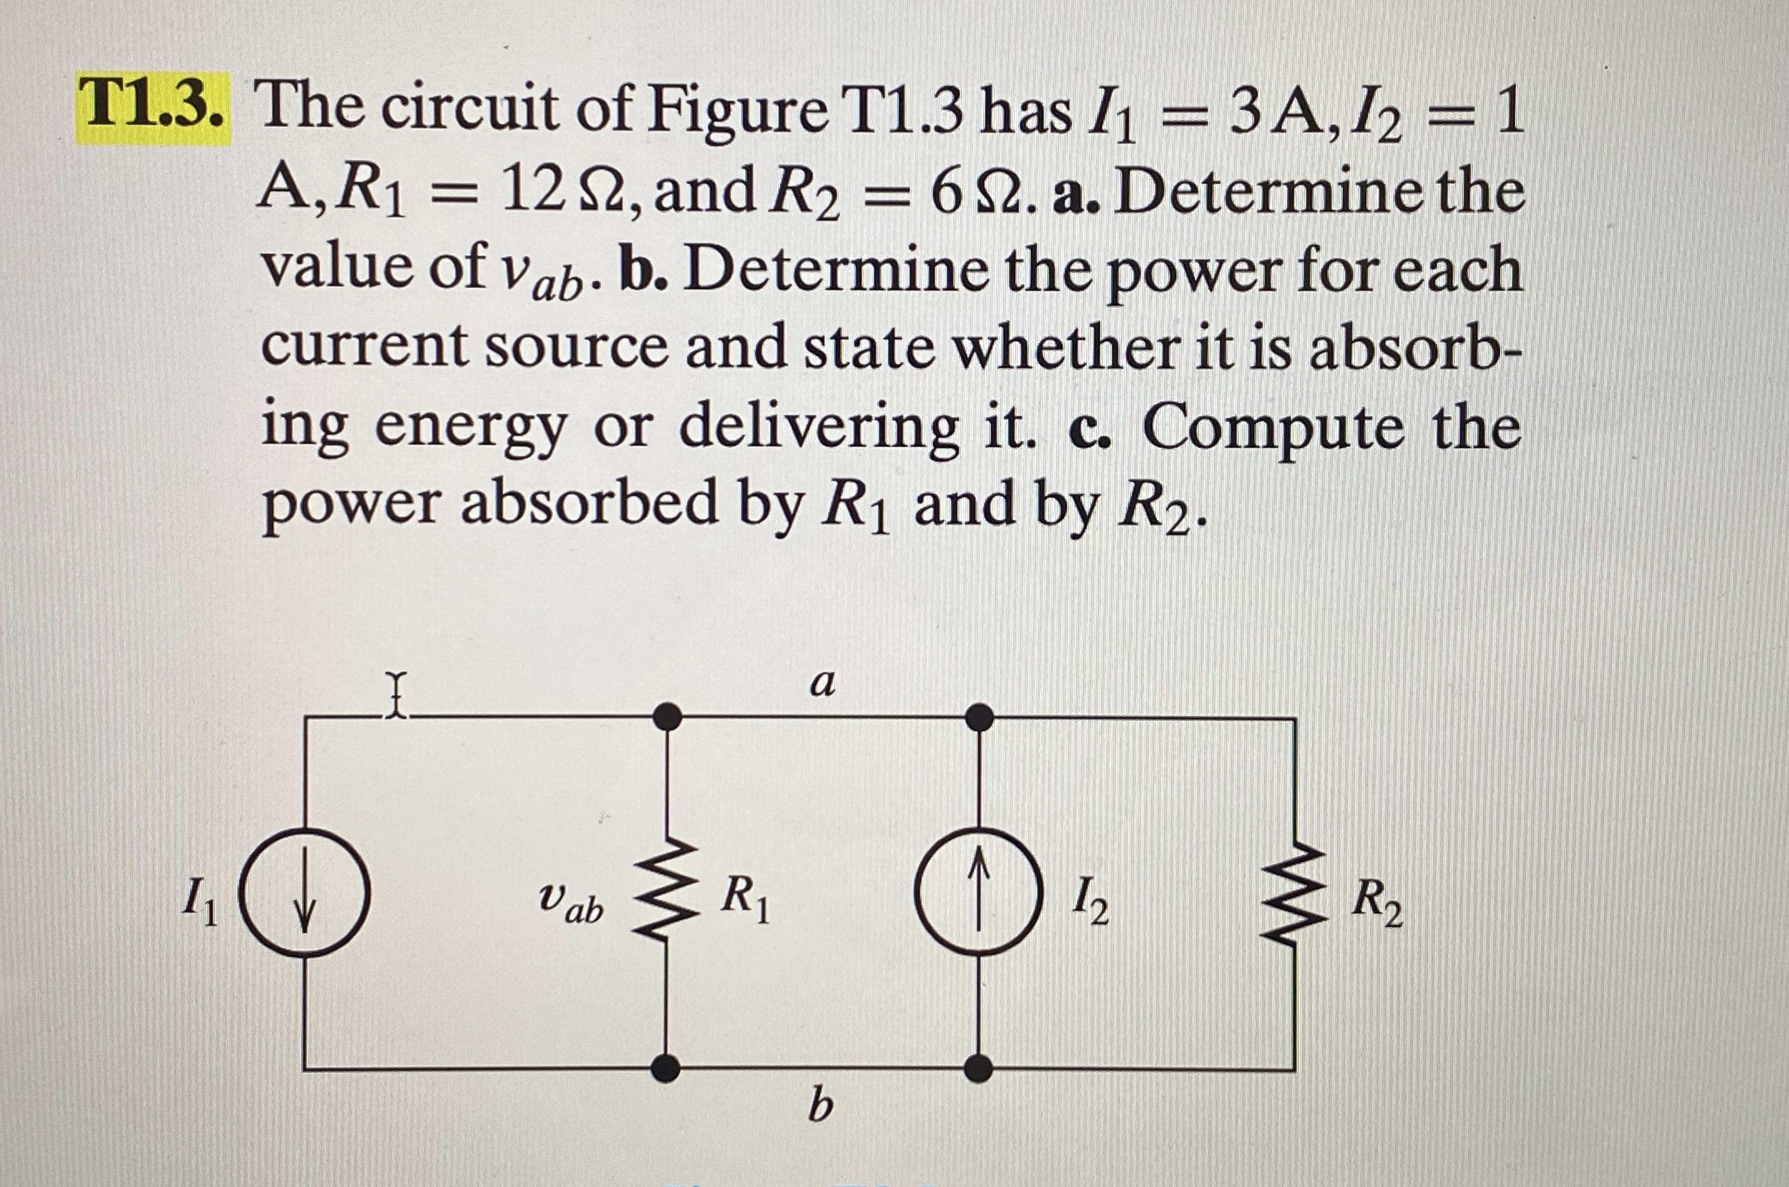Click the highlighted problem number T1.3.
tap(154, 107)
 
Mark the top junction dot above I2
tap(980, 716)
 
